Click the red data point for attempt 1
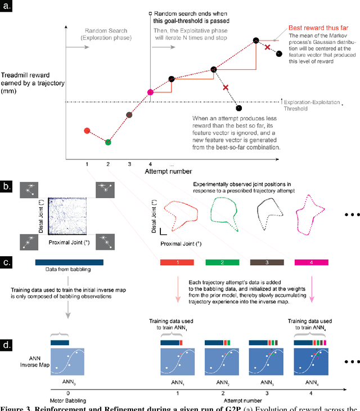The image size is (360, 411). [x=87, y=131]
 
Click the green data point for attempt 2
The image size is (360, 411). [x=108, y=142]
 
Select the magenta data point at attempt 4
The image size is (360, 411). [x=150, y=92]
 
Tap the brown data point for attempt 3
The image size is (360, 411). [x=129, y=115]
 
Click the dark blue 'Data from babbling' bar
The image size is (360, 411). [x=69, y=262]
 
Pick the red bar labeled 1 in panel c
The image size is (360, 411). [x=177, y=262]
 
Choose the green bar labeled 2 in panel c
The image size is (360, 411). [x=222, y=262]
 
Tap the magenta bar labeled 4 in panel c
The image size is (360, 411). [x=312, y=262]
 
